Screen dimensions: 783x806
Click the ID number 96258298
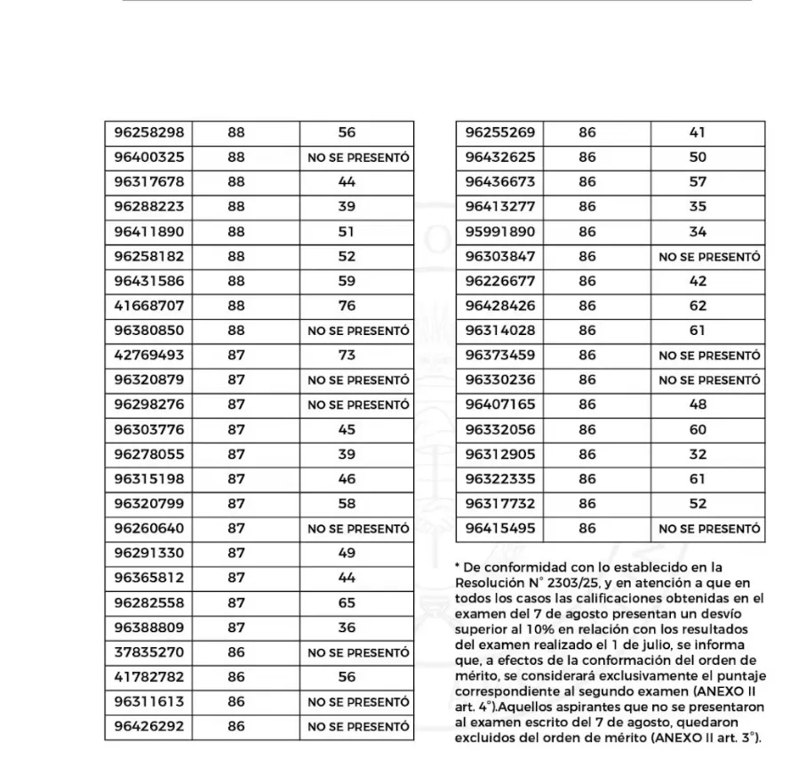(x=149, y=132)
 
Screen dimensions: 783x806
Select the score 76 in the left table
(x=347, y=306)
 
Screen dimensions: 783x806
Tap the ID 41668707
(x=149, y=306)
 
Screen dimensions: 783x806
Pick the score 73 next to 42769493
(x=347, y=355)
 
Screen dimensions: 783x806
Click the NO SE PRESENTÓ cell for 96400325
(x=358, y=157)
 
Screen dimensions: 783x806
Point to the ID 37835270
(x=149, y=652)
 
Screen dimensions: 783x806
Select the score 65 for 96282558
(x=347, y=603)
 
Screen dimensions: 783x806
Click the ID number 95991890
(x=500, y=232)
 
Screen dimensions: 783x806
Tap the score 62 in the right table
(x=698, y=306)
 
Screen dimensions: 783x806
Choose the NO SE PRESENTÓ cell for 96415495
(x=709, y=529)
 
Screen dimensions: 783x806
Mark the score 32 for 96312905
(x=698, y=454)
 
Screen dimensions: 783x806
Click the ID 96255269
(x=500, y=132)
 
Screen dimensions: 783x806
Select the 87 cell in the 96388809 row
(x=235, y=627)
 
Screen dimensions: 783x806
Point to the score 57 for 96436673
(x=698, y=182)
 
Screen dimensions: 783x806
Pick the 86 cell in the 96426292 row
(x=235, y=727)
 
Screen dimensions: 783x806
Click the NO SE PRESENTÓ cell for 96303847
(x=709, y=257)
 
